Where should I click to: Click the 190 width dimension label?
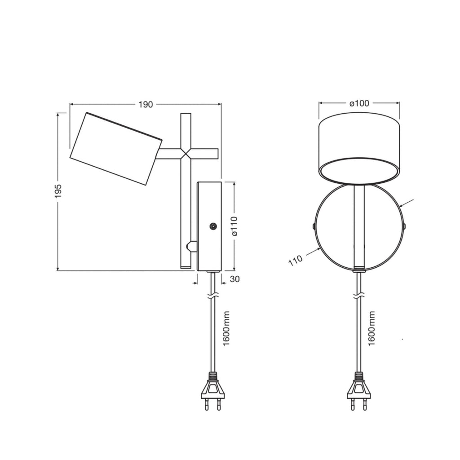[146, 104]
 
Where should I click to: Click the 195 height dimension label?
[58, 191]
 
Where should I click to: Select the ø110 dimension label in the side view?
[234, 226]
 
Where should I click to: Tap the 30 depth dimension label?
[234, 279]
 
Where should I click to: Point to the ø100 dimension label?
[359, 103]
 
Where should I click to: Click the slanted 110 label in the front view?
[295, 260]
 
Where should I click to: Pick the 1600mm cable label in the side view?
[226, 328]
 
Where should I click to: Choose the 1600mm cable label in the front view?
[372, 328]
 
